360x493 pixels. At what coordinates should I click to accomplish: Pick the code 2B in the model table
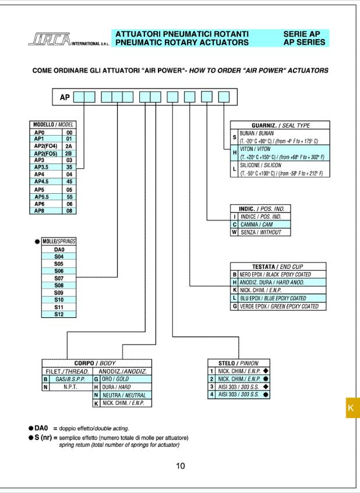pos(69,153)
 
